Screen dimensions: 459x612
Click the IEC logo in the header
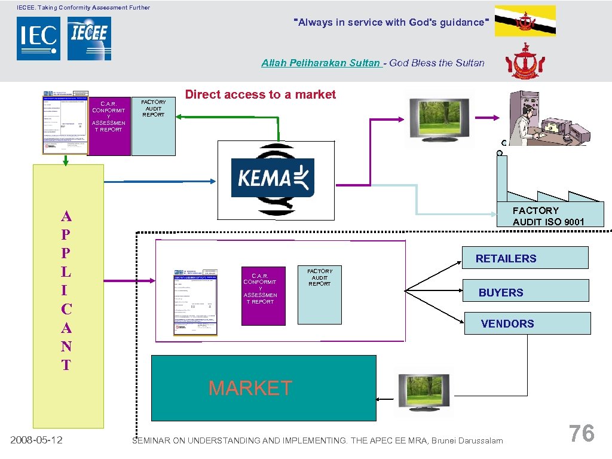pos(38,38)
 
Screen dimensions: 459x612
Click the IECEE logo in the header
pos(89,38)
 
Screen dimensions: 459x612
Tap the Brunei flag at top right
pos(525,21)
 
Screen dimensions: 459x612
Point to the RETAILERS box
pos(525,258)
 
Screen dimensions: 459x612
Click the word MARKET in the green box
pos(250,388)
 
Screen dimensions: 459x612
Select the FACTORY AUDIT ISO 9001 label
pos(549,216)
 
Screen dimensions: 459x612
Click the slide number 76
pos(581,433)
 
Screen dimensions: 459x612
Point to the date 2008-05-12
pos(37,440)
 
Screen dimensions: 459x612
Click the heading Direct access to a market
pos(261,94)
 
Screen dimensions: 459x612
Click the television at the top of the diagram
pos(438,118)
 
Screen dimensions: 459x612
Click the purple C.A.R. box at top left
pos(109,126)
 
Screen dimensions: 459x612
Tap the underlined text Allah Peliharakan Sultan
pos(321,63)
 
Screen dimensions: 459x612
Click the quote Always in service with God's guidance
pos(392,23)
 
